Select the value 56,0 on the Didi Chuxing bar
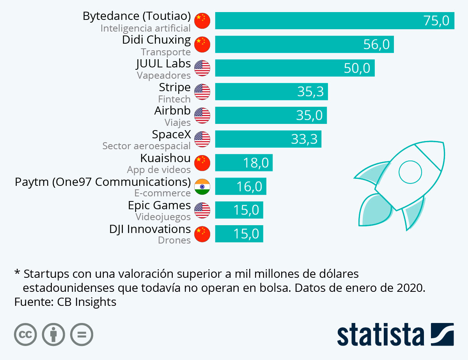pos(376,44)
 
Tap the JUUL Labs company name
pos(163,64)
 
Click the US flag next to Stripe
pos(202,92)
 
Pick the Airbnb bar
pos(271,115)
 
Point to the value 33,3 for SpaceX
pos(304,139)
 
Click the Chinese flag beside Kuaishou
pos(202,163)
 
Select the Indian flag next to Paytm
pos(202,187)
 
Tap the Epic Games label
pos(159,205)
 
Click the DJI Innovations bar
pos(239,234)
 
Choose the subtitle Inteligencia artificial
pos(145,28)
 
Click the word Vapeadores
pos(164,76)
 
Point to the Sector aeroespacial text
pos(146,146)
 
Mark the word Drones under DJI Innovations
pos(174,240)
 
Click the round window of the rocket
pos(410,171)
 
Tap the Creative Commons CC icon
pos(25,335)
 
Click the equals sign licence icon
pos(82,335)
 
